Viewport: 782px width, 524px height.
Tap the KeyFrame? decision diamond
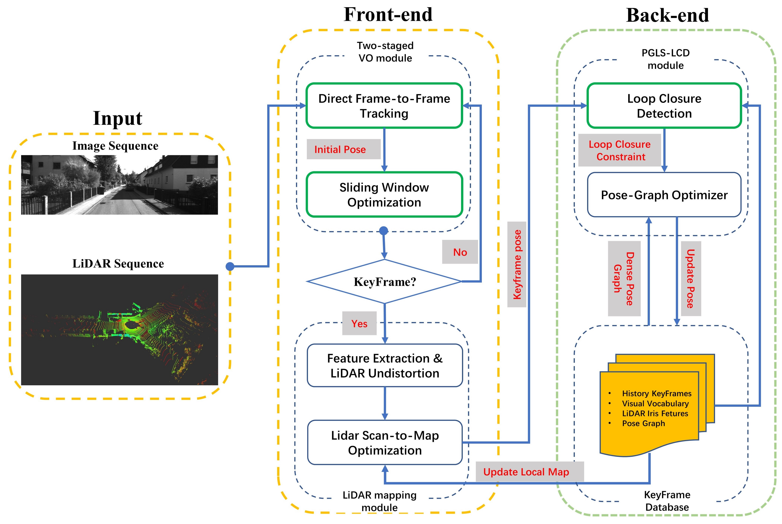point(385,282)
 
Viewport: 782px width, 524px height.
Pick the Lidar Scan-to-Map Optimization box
point(385,443)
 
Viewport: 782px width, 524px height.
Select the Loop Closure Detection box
point(664,106)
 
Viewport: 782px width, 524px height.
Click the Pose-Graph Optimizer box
point(664,195)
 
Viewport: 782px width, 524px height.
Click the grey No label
point(460,252)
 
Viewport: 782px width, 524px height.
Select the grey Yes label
point(359,324)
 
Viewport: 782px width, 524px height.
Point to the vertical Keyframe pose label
point(517,264)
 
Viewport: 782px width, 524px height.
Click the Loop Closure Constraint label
point(620,150)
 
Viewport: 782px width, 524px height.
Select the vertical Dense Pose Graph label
point(624,278)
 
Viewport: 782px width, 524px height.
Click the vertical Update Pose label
point(690,278)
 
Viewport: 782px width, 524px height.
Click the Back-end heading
point(667,15)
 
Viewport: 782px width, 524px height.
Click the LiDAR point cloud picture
point(119,330)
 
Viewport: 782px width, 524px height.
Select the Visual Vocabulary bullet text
point(655,403)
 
